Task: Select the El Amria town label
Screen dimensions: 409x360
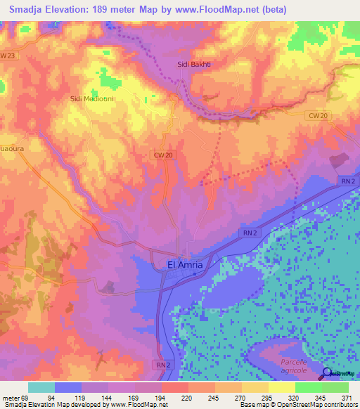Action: (x=185, y=264)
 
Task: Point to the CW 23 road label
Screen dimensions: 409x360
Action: (x=8, y=55)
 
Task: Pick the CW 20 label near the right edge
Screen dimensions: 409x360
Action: (x=318, y=115)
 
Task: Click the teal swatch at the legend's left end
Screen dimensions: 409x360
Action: (x=41, y=387)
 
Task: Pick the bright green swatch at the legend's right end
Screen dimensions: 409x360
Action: (x=335, y=387)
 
